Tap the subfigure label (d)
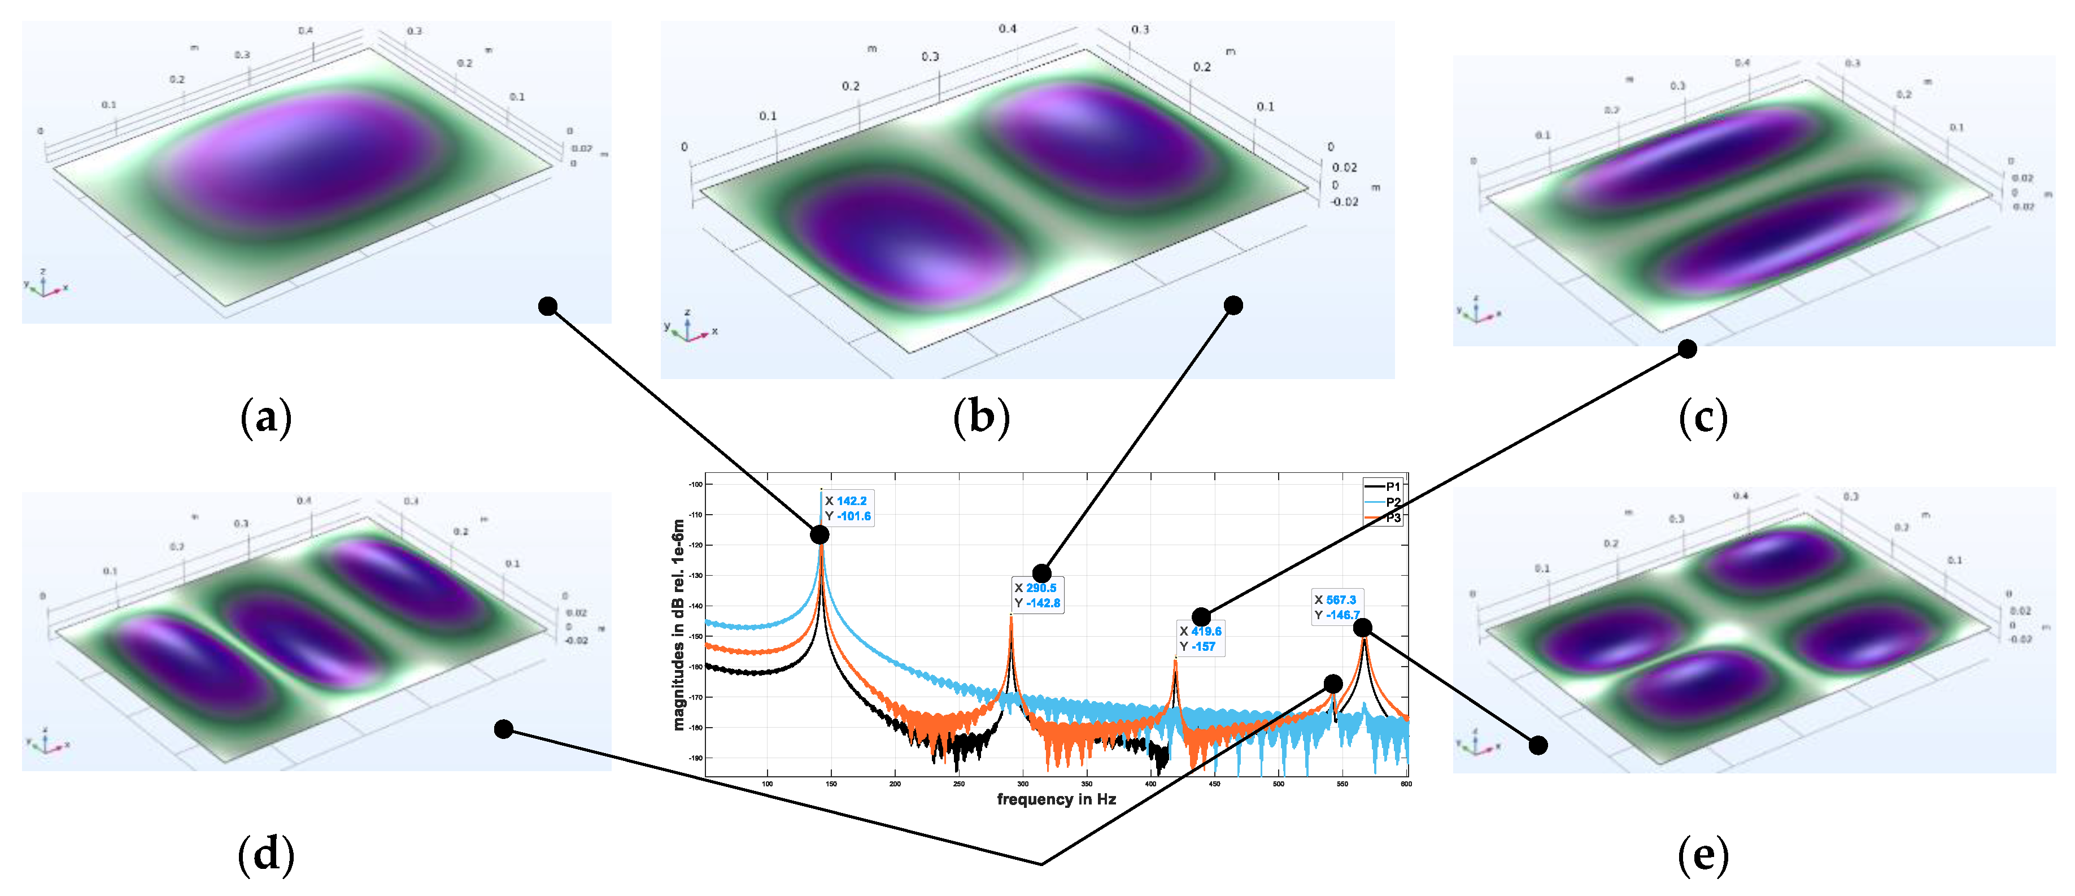266,855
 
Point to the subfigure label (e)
1703,855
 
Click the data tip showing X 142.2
847,508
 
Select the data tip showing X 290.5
1037,595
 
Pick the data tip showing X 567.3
1336,607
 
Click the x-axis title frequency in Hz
1056,799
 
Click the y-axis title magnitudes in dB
678,624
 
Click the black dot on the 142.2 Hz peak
819,535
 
